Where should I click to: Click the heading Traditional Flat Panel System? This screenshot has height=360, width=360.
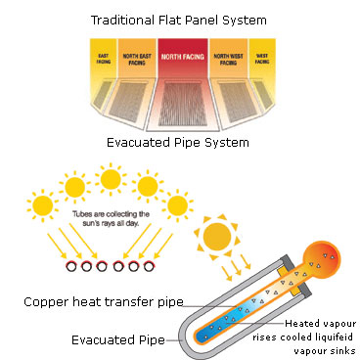[179, 19]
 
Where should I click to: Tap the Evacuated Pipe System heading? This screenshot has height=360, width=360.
[180, 143]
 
